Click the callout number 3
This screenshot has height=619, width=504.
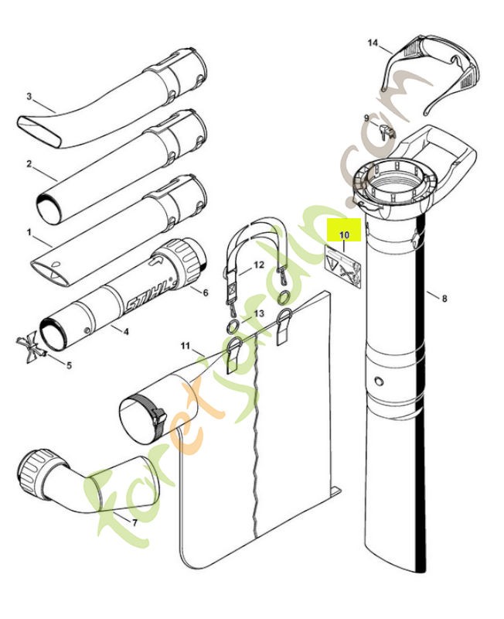pyautogui.click(x=29, y=97)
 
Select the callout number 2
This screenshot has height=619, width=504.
pyautogui.click(x=29, y=164)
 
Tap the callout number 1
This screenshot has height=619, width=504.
pyautogui.click(x=29, y=231)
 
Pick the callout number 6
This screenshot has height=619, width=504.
pyautogui.click(x=205, y=292)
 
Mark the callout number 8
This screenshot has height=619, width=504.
pyautogui.click(x=444, y=296)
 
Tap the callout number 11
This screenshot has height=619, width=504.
pyautogui.click(x=185, y=344)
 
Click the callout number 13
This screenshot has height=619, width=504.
pyautogui.click(x=259, y=313)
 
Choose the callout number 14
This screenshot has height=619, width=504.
pyautogui.click(x=373, y=44)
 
